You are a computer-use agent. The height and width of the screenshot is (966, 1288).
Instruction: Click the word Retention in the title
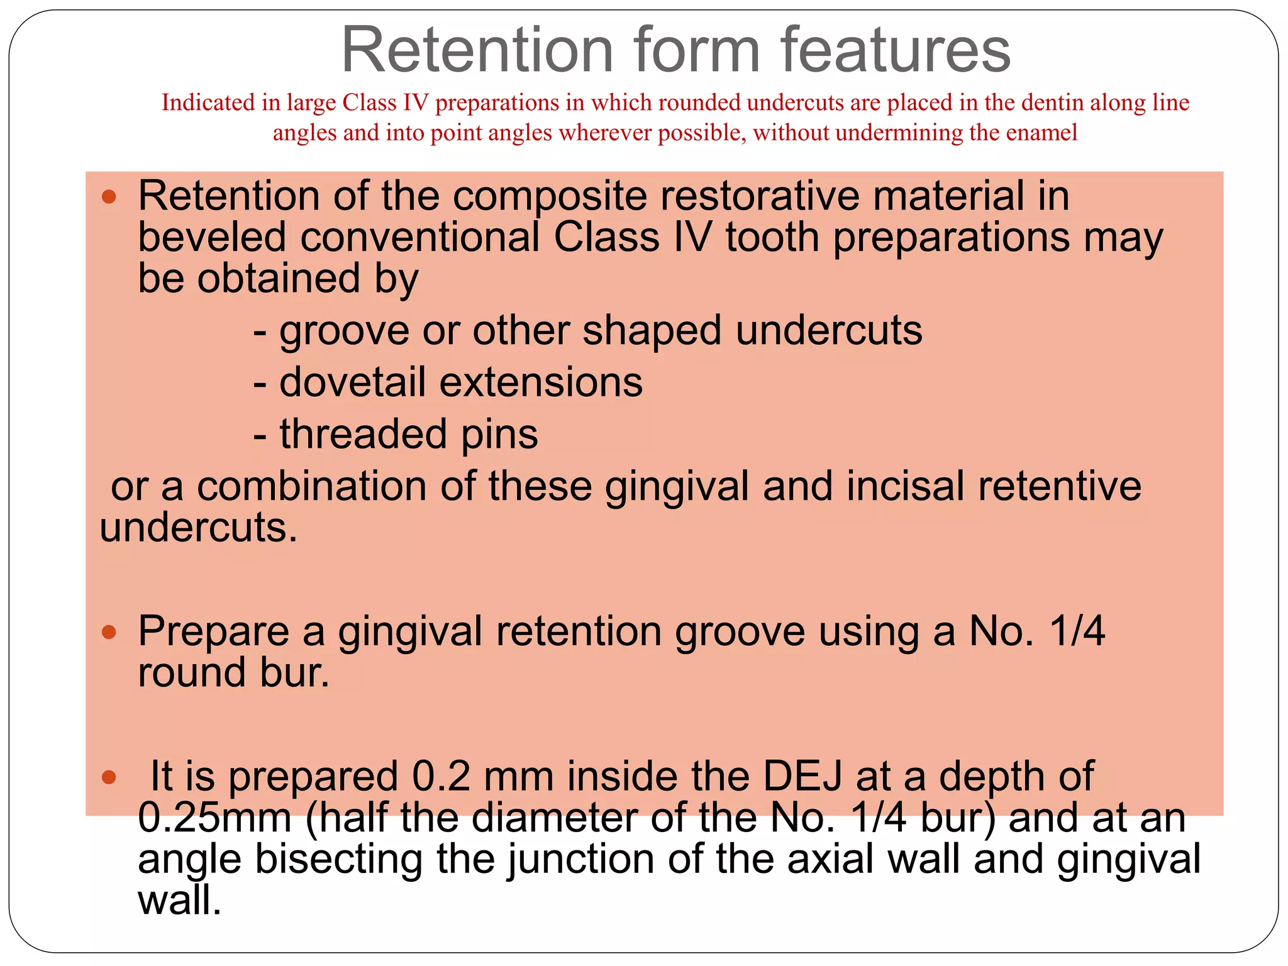(477, 50)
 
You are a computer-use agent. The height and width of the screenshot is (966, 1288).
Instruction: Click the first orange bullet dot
(109, 197)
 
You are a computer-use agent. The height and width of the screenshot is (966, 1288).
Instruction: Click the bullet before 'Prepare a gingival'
(109, 632)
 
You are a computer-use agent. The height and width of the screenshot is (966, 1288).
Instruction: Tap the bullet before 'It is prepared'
(109, 777)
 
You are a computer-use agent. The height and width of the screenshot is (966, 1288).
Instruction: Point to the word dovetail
(352, 382)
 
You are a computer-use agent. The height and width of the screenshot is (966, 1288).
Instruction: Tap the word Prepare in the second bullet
(213, 632)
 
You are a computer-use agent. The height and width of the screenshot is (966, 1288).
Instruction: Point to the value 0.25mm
(214, 818)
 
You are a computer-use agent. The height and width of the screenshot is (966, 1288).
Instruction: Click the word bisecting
(339, 859)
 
